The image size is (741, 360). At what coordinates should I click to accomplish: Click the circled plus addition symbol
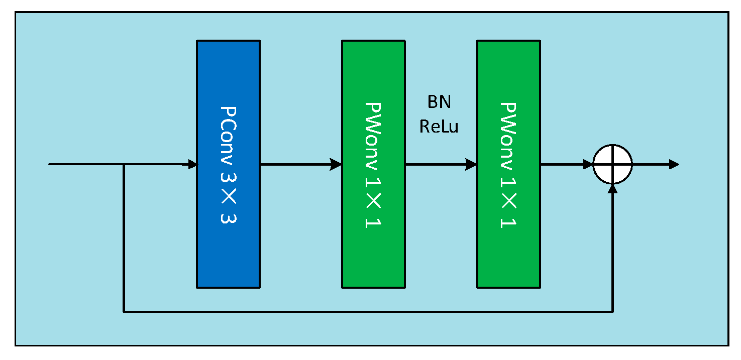[x=612, y=164]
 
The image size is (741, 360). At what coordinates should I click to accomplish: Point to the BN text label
[x=439, y=102]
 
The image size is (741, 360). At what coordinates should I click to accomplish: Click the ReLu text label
[x=439, y=127]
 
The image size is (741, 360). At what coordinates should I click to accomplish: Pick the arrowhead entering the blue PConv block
[x=192, y=164]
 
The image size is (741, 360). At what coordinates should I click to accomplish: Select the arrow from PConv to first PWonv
[x=300, y=164]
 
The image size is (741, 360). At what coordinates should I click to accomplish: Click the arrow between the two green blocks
[x=441, y=164]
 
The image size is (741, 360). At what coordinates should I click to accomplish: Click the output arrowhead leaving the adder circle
[x=674, y=164]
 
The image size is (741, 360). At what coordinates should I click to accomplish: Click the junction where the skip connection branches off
[x=124, y=164]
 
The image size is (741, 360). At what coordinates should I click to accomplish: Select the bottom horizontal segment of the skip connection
[x=367, y=312]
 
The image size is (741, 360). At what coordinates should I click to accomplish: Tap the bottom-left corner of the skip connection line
[x=124, y=312]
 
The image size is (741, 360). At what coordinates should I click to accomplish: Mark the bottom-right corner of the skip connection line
[x=612, y=312]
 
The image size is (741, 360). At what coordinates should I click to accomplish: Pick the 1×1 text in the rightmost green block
[x=508, y=208]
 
